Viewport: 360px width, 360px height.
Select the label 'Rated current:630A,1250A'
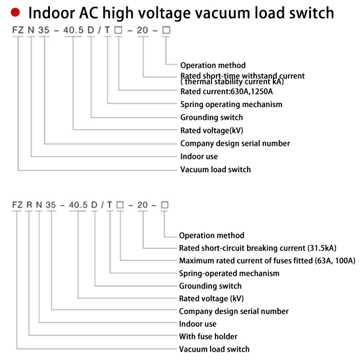(227, 91)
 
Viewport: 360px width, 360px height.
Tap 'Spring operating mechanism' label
(231, 104)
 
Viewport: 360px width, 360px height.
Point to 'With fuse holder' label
(208, 336)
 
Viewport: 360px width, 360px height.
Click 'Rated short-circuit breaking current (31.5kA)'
(258, 248)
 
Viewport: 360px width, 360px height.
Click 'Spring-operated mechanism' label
(229, 273)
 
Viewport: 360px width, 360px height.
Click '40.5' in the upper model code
(75, 31)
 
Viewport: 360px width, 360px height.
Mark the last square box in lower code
(164, 205)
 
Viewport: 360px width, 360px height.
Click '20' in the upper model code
(143, 31)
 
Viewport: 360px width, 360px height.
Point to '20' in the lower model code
(143, 205)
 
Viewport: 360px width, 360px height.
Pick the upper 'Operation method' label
(213, 65)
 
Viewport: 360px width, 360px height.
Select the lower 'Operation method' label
(211, 235)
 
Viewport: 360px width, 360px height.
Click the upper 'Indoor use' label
(199, 157)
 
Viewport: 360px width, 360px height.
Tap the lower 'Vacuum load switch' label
(214, 349)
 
